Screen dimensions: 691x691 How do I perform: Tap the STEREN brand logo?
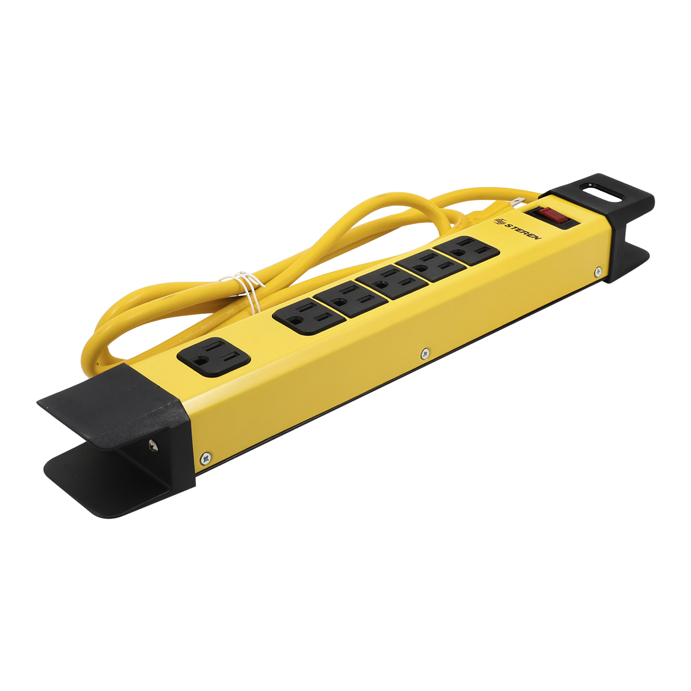pyautogui.click(x=518, y=229)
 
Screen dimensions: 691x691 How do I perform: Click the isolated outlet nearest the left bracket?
pyautogui.click(x=214, y=357)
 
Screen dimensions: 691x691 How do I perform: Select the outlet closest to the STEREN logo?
pyautogui.click(x=466, y=250)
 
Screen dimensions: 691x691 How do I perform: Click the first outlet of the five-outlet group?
pyautogui.click(x=309, y=316)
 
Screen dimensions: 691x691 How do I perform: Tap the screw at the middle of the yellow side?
pyautogui.click(x=426, y=353)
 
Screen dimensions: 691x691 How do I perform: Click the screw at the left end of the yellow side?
pyautogui.click(x=206, y=458)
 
